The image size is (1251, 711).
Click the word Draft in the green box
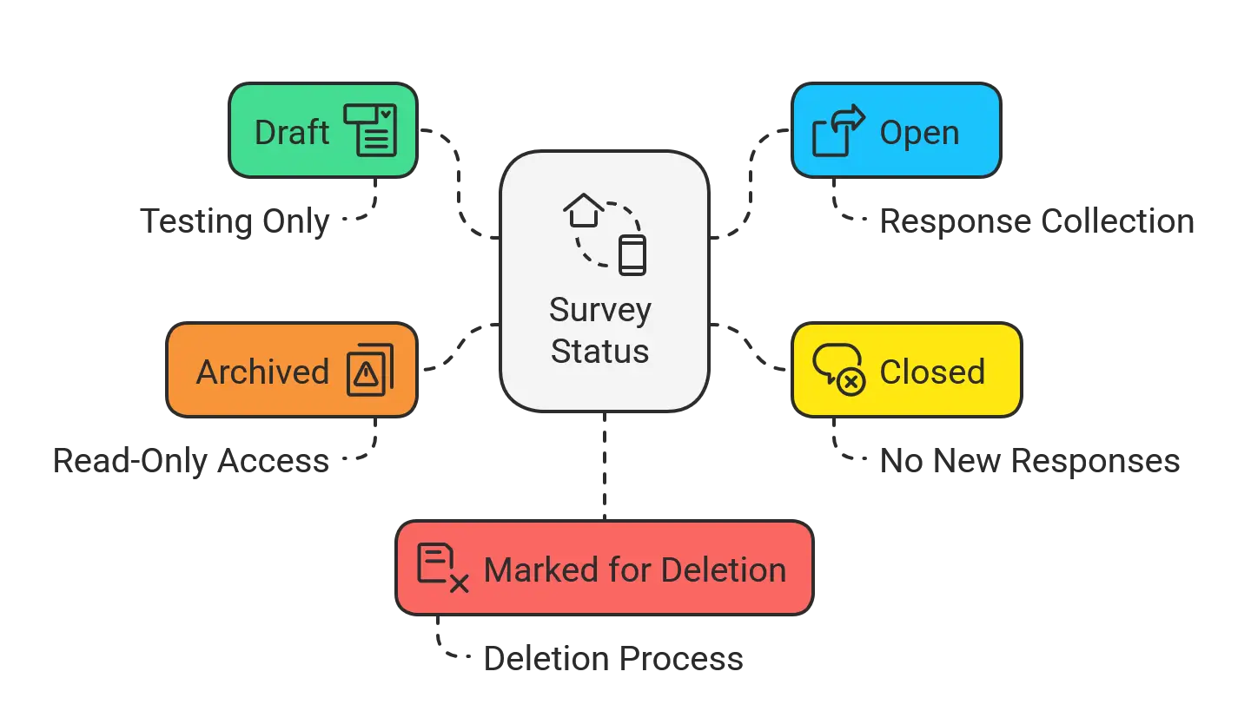pos(292,132)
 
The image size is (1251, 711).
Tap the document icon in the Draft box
pos(370,130)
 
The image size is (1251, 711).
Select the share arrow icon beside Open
pos(838,130)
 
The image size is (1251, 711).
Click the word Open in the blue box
pos(919,133)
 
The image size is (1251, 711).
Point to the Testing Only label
pos(235,221)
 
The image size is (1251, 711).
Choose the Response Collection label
pos(1037,221)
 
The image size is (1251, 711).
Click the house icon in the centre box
pos(584,210)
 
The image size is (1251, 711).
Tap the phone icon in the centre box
pos(632,255)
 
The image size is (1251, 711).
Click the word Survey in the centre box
pos(600,310)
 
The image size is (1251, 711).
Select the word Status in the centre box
pos(599,351)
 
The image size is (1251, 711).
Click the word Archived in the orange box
pos(262,372)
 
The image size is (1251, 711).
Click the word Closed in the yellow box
pos(932,372)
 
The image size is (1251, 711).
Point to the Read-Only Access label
pos(191,461)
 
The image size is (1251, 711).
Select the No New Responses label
pos(1029,461)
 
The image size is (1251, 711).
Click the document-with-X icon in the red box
pos(443,568)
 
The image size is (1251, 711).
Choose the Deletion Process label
pos(613,659)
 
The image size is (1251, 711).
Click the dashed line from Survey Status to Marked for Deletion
pos(605,466)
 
